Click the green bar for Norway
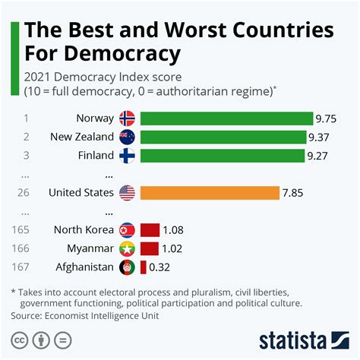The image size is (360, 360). [226, 118]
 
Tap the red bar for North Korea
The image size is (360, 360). [150, 229]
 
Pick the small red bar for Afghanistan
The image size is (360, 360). [143, 267]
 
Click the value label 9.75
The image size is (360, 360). [328, 118]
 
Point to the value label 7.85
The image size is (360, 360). [292, 193]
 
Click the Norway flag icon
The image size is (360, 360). [128, 118]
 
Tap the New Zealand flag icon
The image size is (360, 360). [128, 137]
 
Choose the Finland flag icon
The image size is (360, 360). [128, 156]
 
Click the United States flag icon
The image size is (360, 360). [128, 193]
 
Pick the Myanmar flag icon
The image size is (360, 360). [128, 248]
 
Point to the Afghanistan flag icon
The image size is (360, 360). [128, 267]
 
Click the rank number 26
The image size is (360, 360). [24, 193]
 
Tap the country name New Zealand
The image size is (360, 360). [82, 137]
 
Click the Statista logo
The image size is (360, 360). [303, 338]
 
